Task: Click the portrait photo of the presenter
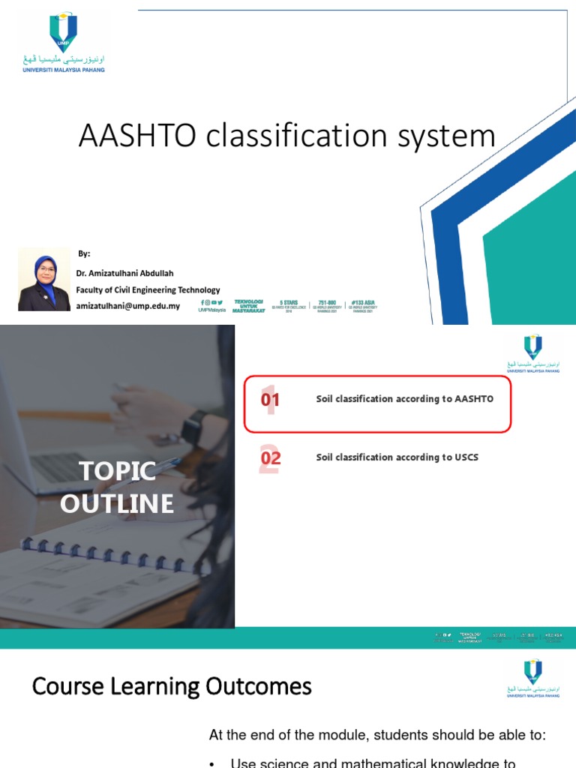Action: (44, 280)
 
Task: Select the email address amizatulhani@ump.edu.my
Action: (128, 306)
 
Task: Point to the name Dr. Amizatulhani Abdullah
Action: (124, 273)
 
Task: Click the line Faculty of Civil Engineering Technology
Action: (148, 289)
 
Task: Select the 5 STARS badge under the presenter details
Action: (289, 306)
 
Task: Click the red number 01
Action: (270, 400)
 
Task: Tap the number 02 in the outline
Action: (270, 458)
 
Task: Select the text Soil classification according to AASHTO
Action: (404, 399)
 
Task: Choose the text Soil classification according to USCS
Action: (397, 457)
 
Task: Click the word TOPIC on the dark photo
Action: (118, 472)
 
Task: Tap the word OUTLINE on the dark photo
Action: (118, 503)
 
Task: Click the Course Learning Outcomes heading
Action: (172, 686)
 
